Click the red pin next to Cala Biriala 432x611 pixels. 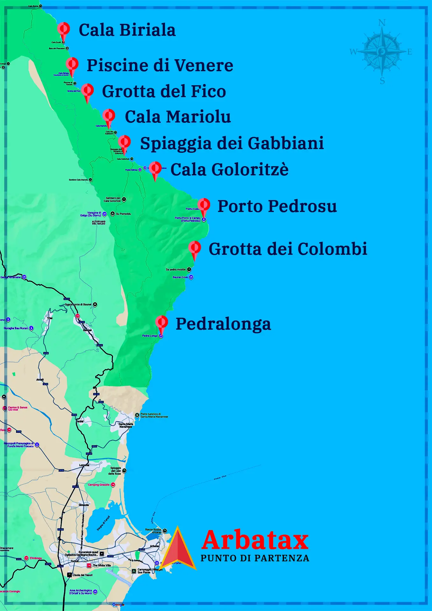(x=64, y=29)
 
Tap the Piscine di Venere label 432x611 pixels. (x=160, y=65)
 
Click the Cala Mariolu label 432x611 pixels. (x=178, y=116)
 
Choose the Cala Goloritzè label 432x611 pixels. (x=229, y=169)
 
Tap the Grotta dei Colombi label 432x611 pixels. (x=288, y=249)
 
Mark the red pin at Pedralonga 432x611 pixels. (x=162, y=323)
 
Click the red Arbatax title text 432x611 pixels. (x=255, y=540)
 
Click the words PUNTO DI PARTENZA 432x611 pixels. (x=255, y=558)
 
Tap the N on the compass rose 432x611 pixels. (x=382, y=23)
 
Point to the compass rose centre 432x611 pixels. (x=382, y=51)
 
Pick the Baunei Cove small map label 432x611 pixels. (x=180, y=277)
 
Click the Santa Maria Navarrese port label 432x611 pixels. (x=154, y=415)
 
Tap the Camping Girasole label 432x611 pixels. (x=99, y=485)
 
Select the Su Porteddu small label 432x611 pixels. (x=123, y=214)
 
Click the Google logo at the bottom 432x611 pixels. (x=118, y=605)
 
